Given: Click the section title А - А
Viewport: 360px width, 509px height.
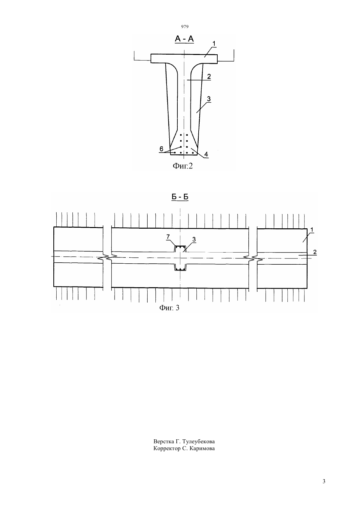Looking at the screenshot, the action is (x=184, y=39).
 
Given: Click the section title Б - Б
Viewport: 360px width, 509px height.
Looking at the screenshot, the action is (x=180, y=197).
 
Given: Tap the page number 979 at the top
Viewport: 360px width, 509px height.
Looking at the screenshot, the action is (x=185, y=27).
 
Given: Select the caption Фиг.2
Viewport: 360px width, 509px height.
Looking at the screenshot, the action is (x=183, y=166).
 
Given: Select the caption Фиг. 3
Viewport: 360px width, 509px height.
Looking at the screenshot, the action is (x=169, y=308).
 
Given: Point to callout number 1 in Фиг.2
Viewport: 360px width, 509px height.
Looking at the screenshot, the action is (x=214, y=44).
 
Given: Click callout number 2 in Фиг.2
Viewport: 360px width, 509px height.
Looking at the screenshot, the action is (x=209, y=77).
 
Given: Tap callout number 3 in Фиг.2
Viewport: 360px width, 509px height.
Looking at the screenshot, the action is (x=209, y=99).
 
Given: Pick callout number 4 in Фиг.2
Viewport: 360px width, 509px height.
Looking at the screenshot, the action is (x=206, y=154).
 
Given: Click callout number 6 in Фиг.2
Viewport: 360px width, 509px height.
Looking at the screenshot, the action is (x=161, y=149).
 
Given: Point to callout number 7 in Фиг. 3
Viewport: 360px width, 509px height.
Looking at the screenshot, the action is (x=168, y=237).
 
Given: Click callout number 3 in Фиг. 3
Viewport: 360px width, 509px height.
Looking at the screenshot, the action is (x=194, y=239).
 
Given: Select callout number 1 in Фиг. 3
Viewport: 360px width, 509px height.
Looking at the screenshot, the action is (x=312, y=230).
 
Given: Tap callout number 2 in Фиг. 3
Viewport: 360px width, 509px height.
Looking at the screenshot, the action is (x=315, y=252).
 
